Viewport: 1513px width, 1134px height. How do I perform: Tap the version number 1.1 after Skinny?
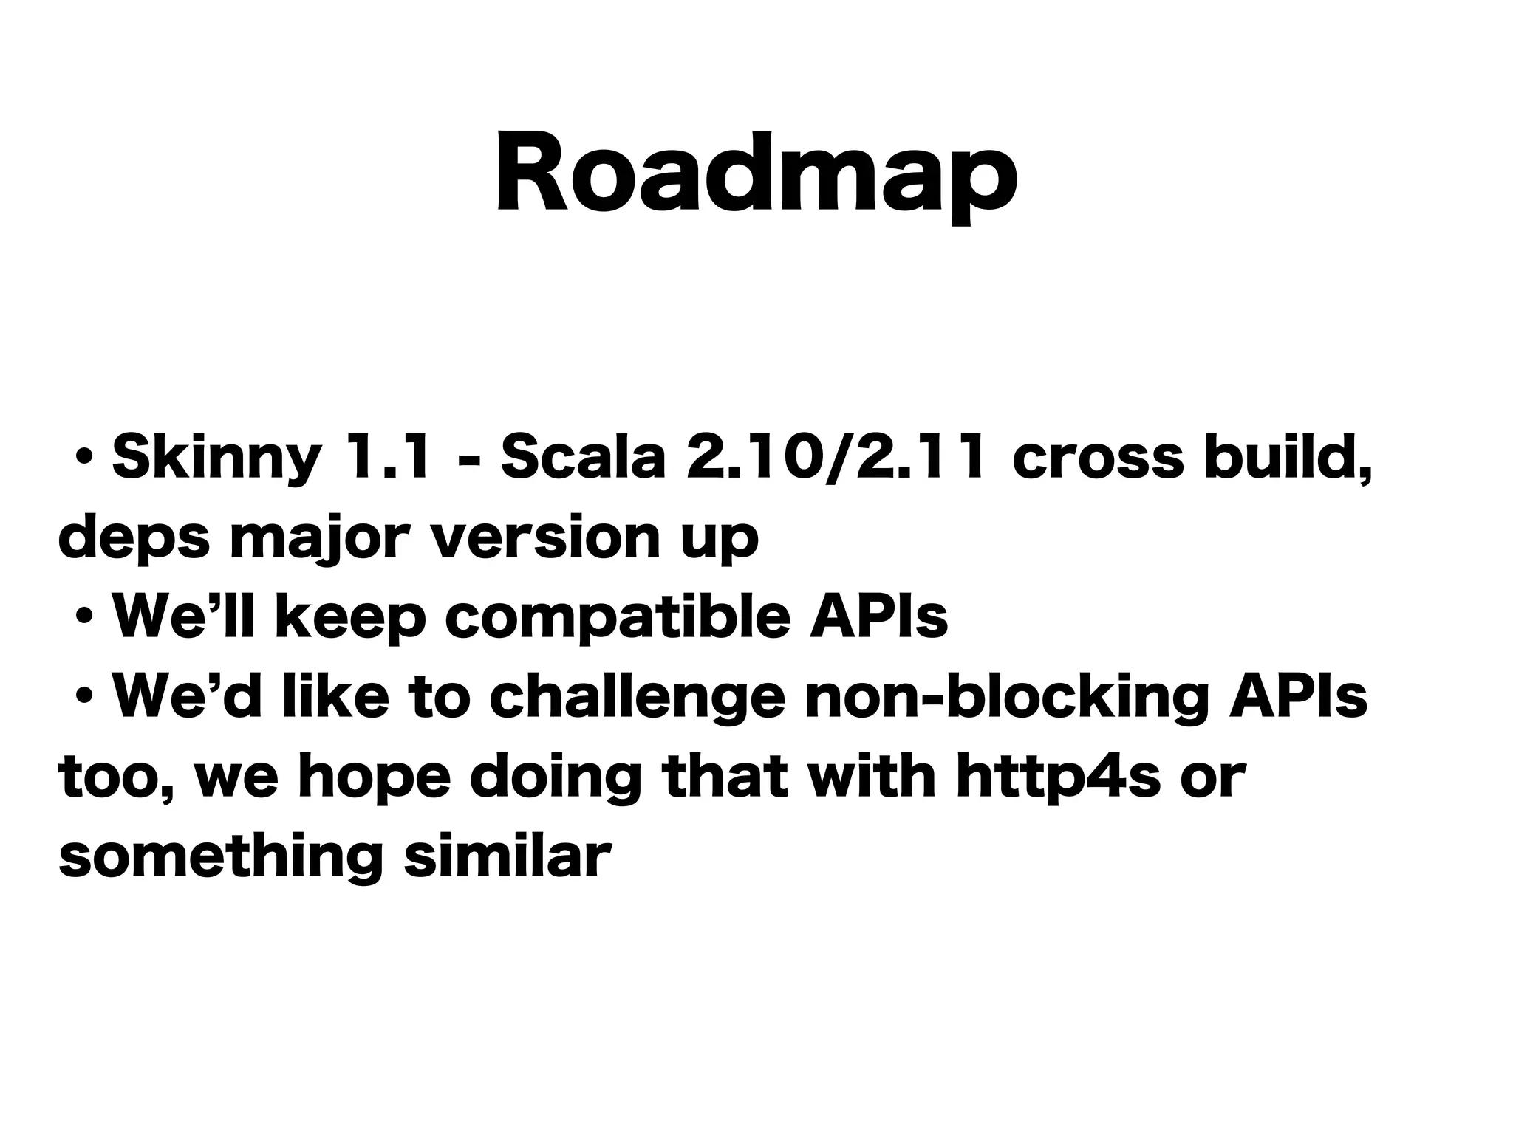[386, 458]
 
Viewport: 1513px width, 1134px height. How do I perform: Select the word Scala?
[583, 458]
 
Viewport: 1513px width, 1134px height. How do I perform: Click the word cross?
[1097, 458]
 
